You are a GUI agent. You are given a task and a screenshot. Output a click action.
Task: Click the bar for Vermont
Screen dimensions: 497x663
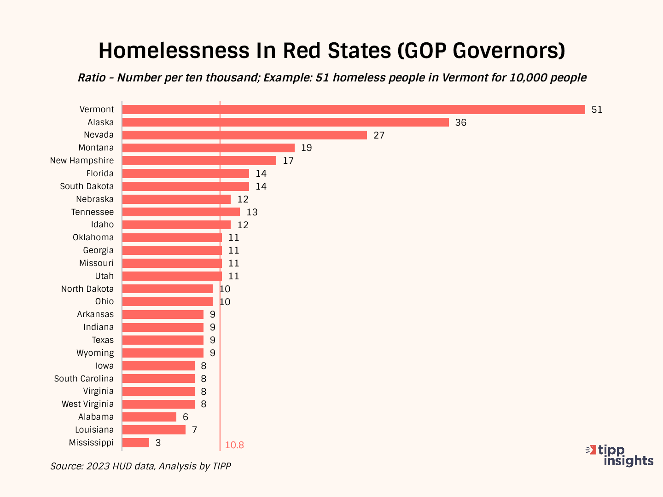click(x=353, y=110)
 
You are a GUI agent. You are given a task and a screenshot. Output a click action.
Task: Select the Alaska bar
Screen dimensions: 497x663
click(x=285, y=122)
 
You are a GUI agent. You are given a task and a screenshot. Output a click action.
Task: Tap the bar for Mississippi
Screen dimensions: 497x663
click(x=136, y=443)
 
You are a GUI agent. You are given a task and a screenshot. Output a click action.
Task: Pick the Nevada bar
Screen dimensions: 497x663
click(x=244, y=135)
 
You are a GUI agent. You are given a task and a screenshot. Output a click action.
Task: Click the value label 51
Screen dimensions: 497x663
click(x=597, y=110)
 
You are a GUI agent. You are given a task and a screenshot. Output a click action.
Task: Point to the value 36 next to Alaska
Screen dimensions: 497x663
click(x=460, y=122)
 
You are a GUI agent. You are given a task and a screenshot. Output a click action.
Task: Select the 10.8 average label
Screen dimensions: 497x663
click(x=234, y=445)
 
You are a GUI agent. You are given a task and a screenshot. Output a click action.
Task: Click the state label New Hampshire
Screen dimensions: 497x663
click(x=81, y=161)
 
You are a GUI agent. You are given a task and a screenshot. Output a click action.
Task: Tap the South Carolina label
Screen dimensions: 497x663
click(x=84, y=379)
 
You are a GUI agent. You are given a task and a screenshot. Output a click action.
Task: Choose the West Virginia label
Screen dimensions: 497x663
click(x=87, y=404)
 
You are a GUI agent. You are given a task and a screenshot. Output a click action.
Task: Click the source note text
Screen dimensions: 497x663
click(x=140, y=466)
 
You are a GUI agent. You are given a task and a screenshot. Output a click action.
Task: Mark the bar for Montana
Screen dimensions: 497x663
click(x=208, y=148)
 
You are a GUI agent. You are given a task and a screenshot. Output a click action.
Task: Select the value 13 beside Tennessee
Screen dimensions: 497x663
click(x=252, y=212)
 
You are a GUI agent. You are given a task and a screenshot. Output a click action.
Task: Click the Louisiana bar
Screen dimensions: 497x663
click(x=154, y=430)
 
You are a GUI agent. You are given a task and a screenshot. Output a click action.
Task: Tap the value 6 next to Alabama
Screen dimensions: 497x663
click(x=185, y=417)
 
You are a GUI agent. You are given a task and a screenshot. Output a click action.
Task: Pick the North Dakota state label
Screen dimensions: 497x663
click(x=87, y=289)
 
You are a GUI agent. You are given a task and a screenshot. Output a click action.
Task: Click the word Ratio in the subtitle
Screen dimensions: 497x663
click(x=92, y=77)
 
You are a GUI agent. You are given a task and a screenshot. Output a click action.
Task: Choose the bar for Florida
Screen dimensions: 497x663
click(x=186, y=173)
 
